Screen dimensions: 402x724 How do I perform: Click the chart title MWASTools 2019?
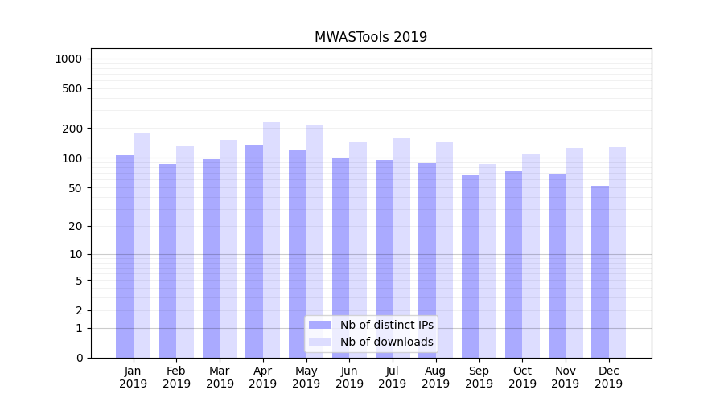click(x=370, y=37)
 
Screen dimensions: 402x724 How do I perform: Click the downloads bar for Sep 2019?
click(x=487, y=260)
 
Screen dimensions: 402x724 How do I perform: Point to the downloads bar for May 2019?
click(x=315, y=241)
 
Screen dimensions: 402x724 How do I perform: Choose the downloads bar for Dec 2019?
click(x=617, y=252)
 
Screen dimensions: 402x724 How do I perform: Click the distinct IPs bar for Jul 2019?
click(x=384, y=258)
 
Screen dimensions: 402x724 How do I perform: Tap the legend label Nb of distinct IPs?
click(x=386, y=325)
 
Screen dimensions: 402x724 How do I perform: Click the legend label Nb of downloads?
click(x=386, y=342)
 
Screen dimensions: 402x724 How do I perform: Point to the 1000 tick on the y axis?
click(x=68, y=59)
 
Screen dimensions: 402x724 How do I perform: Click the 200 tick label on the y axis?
click(x=72, y=129)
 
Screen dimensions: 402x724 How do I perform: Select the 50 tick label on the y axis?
click(x=75, y=188)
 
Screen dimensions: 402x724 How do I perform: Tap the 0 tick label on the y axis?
click(x=79, y=358)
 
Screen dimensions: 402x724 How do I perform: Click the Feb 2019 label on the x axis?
click(x=176, y=377)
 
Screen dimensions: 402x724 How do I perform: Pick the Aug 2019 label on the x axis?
click(x=435, y=377)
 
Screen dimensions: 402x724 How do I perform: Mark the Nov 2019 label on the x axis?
click(x=565, y=377)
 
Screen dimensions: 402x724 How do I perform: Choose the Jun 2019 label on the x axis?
click(x=349, y=377)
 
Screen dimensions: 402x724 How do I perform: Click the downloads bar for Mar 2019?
click(x=228, y=248)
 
